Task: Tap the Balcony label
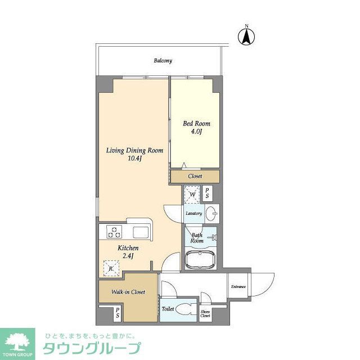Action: click(163, 61)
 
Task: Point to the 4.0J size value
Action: click(195, 132)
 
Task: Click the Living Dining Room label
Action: click(135, 151)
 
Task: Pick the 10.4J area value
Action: click(135, 159)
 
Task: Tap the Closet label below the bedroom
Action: click(195, 176)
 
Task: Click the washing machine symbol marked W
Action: click(192, 195)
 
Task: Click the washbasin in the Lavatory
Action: click(212, 214)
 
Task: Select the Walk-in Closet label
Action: click(128, 292)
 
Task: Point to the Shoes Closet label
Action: click(205, 314)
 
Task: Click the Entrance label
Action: click(238, 287)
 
